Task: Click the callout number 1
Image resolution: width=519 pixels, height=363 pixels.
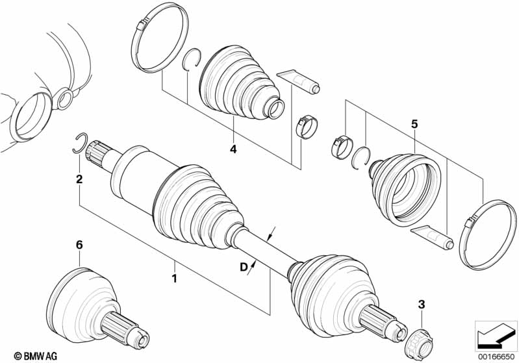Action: point(173,279)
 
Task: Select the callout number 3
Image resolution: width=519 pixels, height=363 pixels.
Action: point(421,303)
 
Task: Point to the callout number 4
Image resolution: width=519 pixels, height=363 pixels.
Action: point(232,149)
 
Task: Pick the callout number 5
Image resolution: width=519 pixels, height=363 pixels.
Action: point(414,123)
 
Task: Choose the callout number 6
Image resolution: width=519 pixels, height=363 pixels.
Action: point(79,244)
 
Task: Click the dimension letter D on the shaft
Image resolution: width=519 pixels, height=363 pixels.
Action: point(243,266)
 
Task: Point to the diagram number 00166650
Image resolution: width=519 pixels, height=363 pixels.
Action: point(496,355)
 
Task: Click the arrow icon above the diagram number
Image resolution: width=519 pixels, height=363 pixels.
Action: point(496,335)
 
